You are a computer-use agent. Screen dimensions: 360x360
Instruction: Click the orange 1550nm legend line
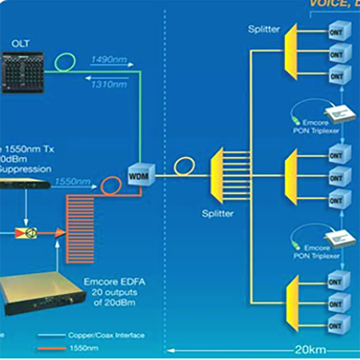(55, 347)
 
